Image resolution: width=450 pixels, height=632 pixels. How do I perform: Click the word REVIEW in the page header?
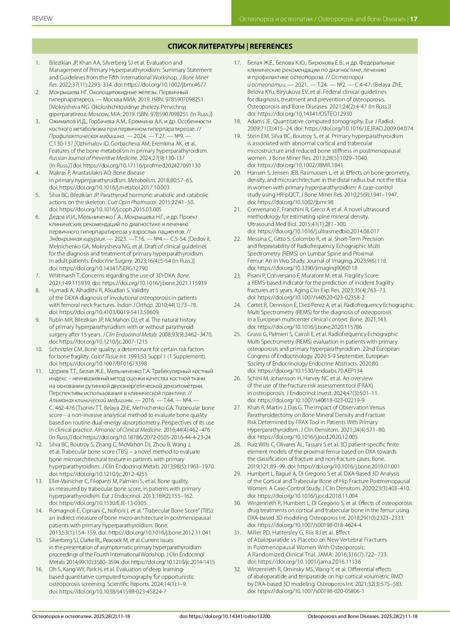click(x=42, y=19)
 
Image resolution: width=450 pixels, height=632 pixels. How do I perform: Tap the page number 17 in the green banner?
click(x=414, y=19)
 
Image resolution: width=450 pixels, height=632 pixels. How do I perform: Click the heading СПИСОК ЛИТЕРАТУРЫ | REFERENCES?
click(x=230, y=47)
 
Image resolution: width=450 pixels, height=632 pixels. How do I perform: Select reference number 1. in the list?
click(x=37, y=63)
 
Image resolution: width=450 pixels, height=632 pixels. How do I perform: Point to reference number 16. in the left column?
click(x=39, y=569)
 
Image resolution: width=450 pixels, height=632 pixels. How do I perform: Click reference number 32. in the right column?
click(x=237, y=569)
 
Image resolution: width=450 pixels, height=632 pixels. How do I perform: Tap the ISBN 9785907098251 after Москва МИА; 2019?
click(x=183, y=99)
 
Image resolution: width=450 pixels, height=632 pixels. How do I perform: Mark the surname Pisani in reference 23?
click(x=255, y=276)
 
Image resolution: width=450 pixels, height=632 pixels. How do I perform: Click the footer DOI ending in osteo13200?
click(x=225, y=616)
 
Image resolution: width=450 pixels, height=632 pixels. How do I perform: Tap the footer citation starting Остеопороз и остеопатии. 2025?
click(x=81, y=616)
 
